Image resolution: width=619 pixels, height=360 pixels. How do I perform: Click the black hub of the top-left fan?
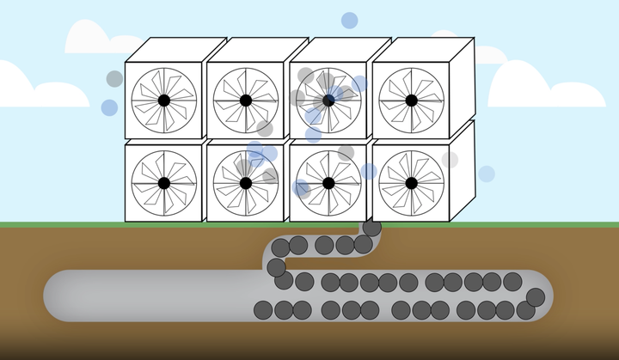(x=163, y=101)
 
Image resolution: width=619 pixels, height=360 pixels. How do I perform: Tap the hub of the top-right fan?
(x=411, y=101)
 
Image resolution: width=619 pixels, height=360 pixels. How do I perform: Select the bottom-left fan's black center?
(x=163, y=182)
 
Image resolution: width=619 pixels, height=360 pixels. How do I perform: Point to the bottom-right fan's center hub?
(x=411, y=182)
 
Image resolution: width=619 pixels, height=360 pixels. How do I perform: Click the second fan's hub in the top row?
(x=246, y=101)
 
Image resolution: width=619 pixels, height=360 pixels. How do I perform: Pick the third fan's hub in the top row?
(x=328, y=101)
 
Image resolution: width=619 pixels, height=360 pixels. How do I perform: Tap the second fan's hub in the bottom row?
(x=246, y=182)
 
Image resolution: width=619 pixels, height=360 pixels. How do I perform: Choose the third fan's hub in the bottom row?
(x=328, y=182)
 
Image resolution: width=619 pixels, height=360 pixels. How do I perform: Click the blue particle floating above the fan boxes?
(x=349, y=20)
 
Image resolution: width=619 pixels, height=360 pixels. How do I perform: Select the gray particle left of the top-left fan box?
(x=114, y=79)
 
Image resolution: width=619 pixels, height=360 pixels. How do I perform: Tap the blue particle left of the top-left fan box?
(x=109, y=107)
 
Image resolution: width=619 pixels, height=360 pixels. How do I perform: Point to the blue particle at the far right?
(x=487, y=174)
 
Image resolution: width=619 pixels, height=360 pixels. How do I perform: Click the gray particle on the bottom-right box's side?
(x=450, y=160)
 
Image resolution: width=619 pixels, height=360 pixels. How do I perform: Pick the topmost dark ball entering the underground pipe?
(x=371, y=229)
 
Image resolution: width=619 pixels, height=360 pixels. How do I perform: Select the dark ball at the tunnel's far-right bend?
(x=536, y=297)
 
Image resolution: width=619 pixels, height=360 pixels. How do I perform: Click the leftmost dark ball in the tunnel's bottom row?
(x=262, y=309)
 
